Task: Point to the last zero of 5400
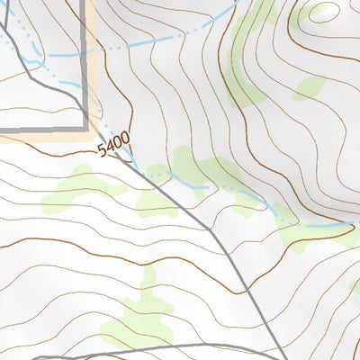125,137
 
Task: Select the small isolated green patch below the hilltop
309,87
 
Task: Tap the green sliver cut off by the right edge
355,286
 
